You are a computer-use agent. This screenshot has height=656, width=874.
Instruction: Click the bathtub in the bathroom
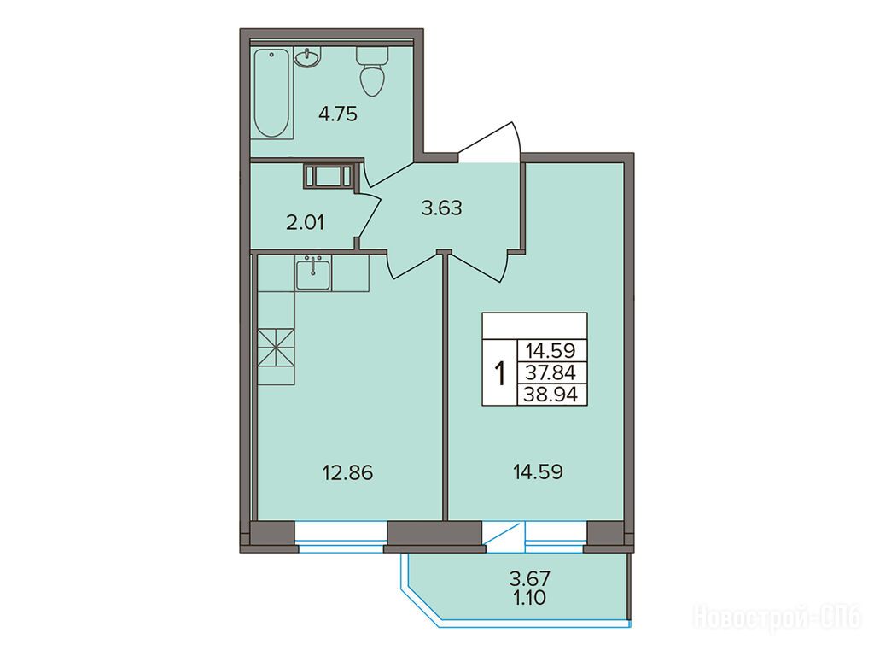pos(273,93)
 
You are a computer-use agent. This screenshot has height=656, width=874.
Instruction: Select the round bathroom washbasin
pos(307,57)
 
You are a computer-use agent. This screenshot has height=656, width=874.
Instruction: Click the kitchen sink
pos(314,273)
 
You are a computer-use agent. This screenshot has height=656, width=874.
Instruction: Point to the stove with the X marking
pos(276,348)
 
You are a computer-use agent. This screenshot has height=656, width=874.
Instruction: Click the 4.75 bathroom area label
pos(337,114)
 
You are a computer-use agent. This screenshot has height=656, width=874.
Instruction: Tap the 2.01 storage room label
pos(305,223)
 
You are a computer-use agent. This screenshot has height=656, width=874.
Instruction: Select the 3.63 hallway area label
pos(442,208)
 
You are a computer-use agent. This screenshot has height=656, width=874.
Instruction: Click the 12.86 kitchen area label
pos(348,473)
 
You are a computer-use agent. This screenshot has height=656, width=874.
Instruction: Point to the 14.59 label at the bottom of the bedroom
pos(538,471)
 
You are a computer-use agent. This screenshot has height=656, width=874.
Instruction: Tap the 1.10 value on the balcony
pos(529,598)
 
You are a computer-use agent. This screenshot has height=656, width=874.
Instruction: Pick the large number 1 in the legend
pos(500,373)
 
